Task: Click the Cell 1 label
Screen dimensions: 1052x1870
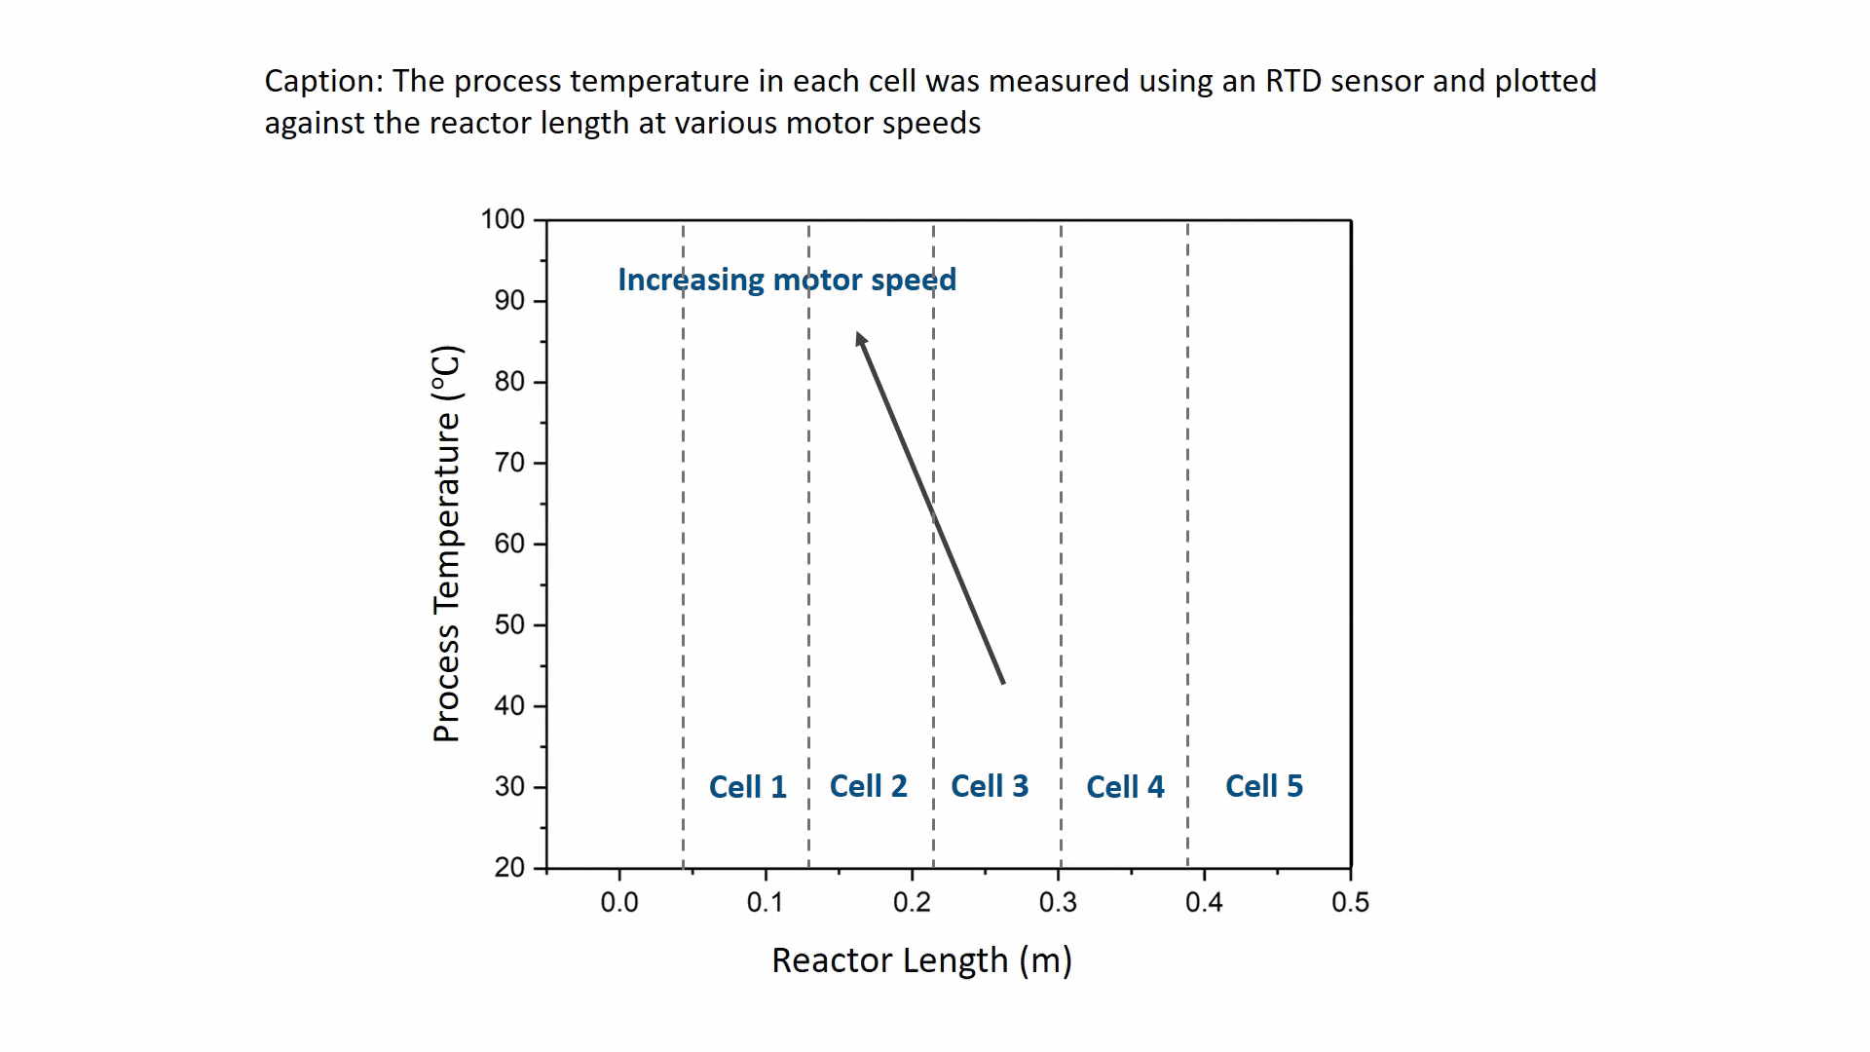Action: pos(747,787)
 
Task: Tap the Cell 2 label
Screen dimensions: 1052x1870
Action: pos(868,786)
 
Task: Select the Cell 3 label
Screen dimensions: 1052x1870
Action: pos(989,786)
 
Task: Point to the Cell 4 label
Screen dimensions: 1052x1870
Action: pos(1125,787)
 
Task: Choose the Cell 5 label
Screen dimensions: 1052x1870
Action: pos(1263,786)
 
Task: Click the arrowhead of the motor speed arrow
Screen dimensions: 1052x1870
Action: pos(860,339)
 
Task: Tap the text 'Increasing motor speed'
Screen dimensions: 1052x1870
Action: pos(787,281)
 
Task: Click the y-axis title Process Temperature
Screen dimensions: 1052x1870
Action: pos(446,544)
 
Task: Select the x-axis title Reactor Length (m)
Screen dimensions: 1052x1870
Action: pos(921,960)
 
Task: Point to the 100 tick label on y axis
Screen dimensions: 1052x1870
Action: pos(503,219)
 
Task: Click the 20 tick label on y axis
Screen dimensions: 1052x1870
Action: pos(509,867)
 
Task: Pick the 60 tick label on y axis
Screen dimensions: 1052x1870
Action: pos(509,544)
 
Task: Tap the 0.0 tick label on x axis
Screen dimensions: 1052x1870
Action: pos(619,903)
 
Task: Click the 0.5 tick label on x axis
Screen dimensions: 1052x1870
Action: pos(1350,903)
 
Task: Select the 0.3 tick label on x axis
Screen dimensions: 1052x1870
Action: pos(1058,903)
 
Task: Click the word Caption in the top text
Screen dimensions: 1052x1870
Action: pos(321,82)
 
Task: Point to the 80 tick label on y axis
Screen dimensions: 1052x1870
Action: pos(509,382)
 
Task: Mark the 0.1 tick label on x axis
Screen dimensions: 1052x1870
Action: pos(765,903)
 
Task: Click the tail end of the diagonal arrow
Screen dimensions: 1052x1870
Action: pos(1002,681)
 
